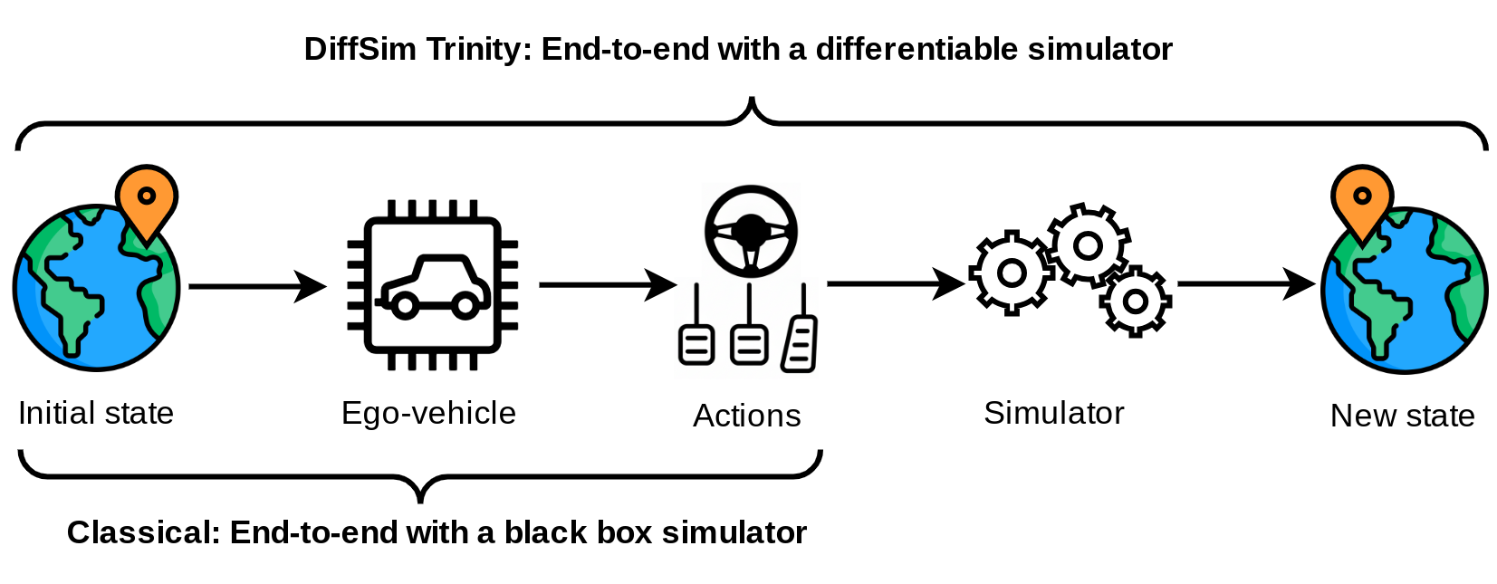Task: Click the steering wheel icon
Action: (x=751, y=231)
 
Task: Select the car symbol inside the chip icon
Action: (x=434, y=285)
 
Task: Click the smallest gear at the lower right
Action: (x=1136, y=302)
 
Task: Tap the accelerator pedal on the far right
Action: (x=801, y=343)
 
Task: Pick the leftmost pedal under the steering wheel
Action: (x=696, y=345)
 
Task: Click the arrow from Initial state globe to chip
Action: (x=257, y=286)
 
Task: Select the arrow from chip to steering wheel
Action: (x=607, y=285)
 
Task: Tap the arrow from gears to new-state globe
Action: (x=1245, y=284)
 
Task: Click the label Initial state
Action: (x=96, y=413)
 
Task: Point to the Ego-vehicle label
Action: (x=428, y=413)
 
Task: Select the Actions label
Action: (x=746, y=416)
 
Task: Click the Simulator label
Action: (x=1053, y=413)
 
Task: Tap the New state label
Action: (x=1402, y=416)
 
